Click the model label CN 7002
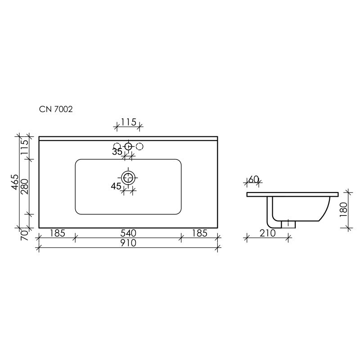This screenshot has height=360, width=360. coord(56,109)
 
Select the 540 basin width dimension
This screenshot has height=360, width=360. coord(128,233)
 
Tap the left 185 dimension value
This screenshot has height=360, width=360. coord(57,233)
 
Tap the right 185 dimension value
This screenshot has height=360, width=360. coord(198,233)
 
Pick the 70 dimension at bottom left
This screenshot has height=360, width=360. coord(26,234)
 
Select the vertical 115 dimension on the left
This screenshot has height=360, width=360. coord(26,147)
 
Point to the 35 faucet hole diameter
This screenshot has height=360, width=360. coord(117,152)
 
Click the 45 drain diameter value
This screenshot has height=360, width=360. coord(116,186)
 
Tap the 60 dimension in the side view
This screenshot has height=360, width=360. coord(254,180)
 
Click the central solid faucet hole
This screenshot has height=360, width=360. coord(128,146)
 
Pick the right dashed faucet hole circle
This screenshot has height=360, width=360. coord(139,146)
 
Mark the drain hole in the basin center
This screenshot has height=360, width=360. coord(129,177)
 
